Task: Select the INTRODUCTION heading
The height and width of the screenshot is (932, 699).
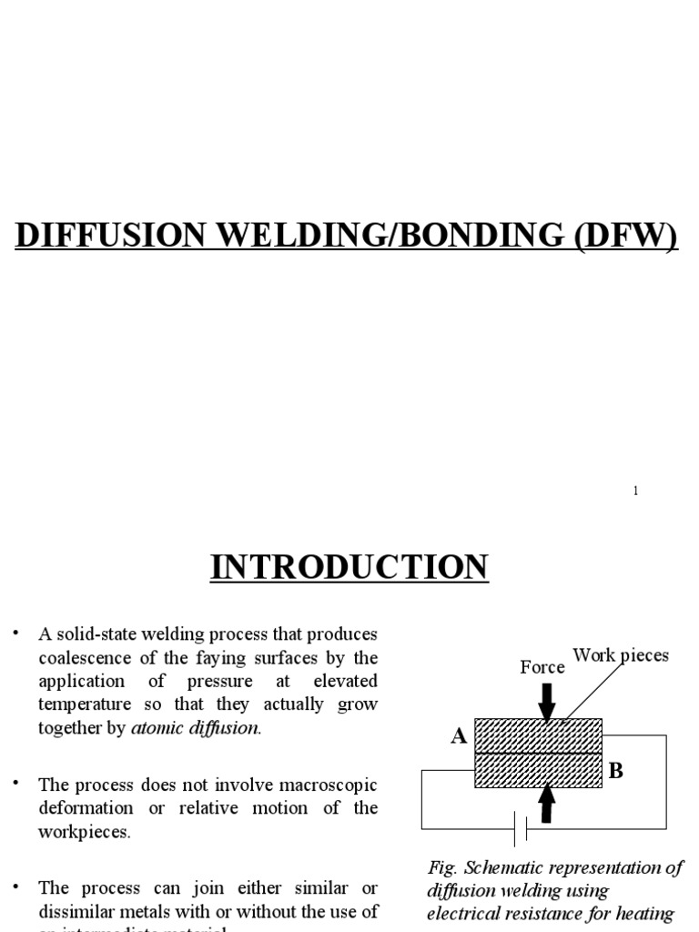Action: (349, 567)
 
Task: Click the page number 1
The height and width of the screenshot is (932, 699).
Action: (635, 491)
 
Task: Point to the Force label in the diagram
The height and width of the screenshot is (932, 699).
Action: (542, 667)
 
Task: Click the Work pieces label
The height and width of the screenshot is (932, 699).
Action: (620, 655)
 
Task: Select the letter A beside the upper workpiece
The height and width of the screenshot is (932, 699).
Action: (459, 736)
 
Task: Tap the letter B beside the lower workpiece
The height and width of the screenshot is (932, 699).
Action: (615, 771)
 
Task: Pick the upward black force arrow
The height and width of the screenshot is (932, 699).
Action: (546, 803)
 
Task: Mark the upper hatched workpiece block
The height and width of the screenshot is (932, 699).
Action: (538, 735)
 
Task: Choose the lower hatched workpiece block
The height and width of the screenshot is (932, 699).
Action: (538, 770)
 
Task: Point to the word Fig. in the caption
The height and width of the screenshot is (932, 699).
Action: (441, 867)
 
